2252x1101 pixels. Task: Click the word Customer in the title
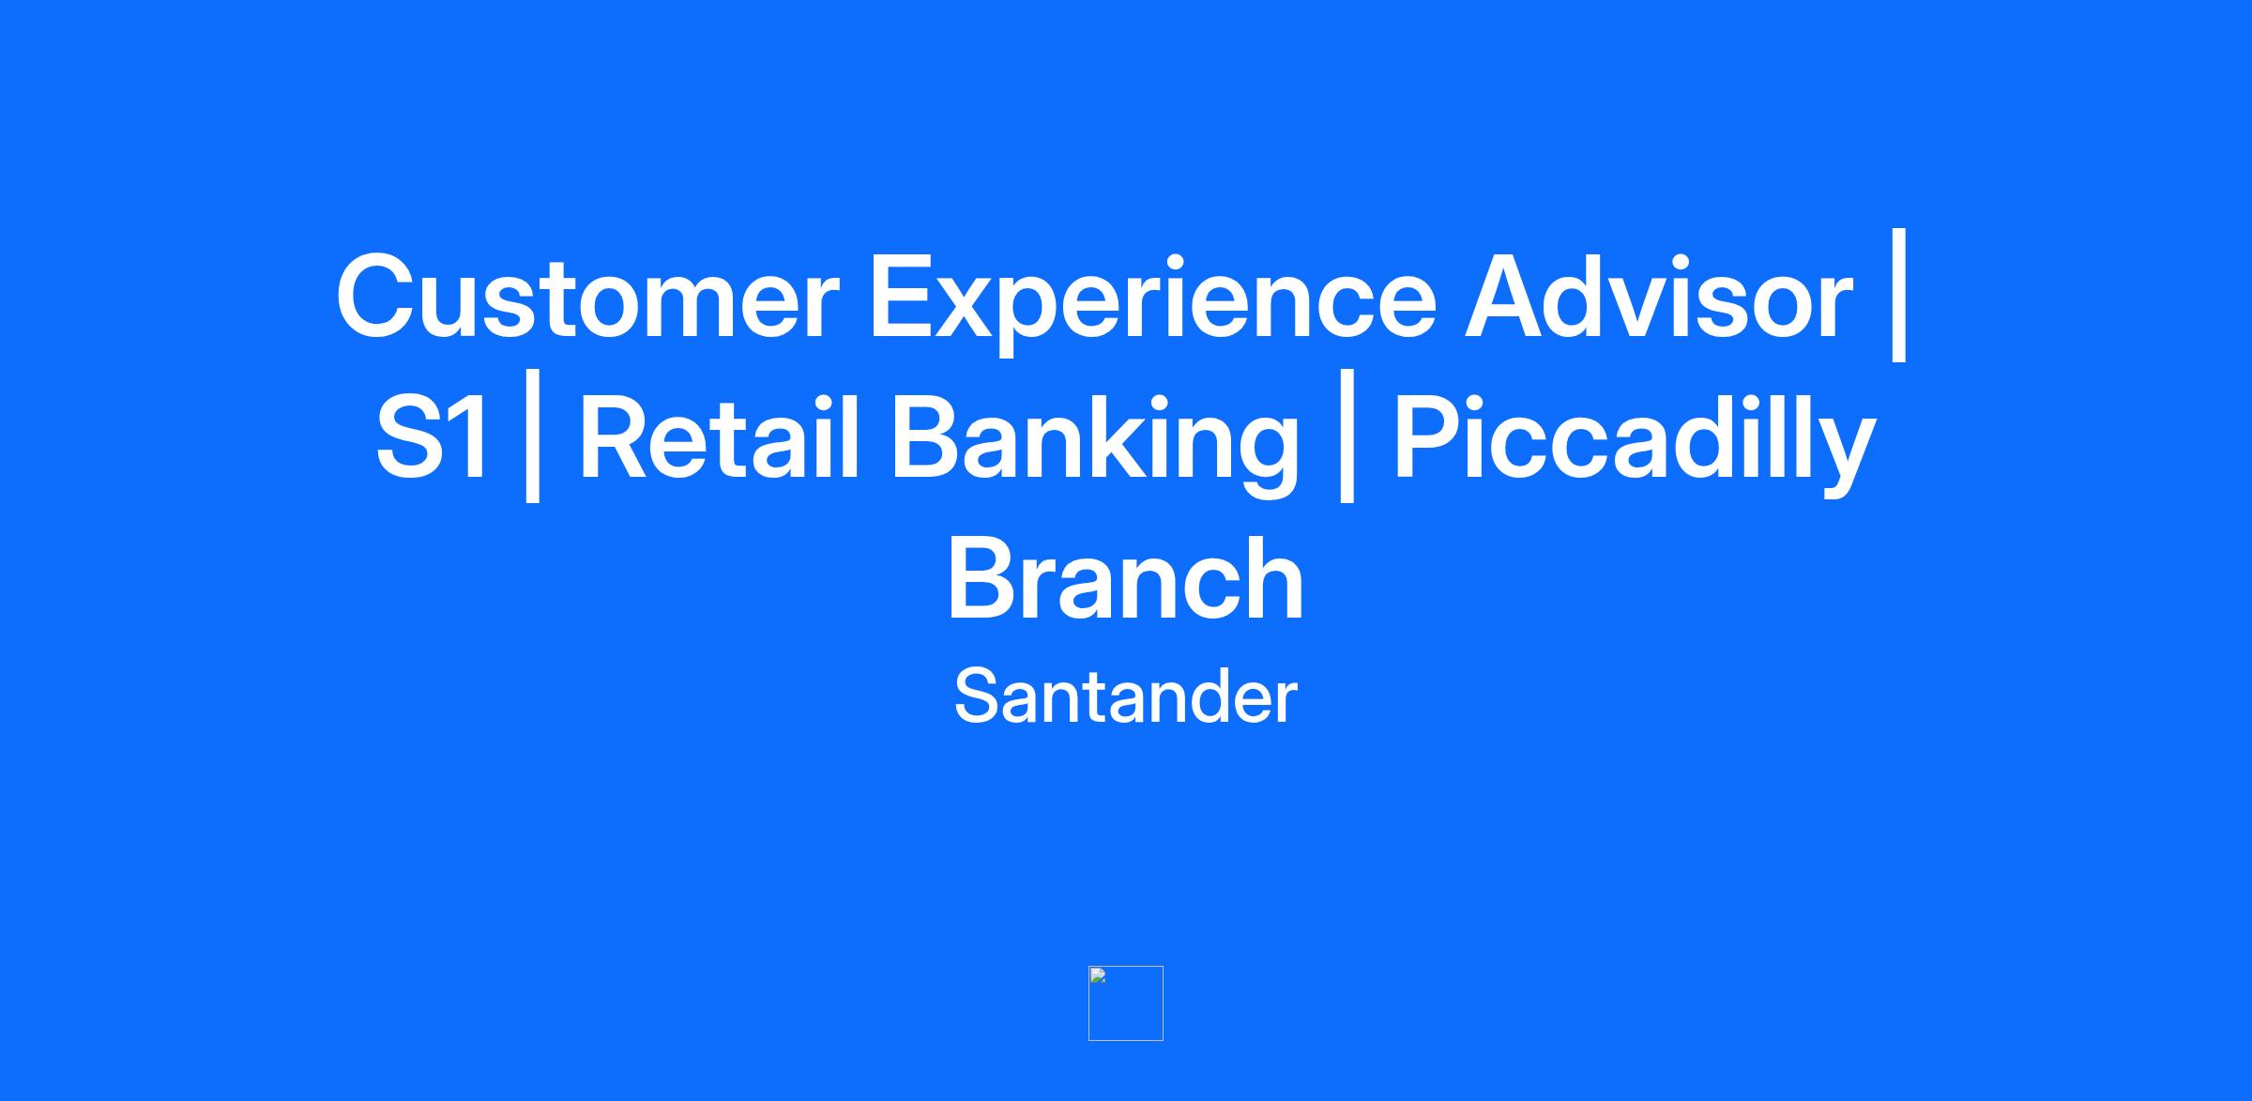click(x=587, y=297)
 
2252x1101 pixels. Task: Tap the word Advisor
click(x=1659, y=295)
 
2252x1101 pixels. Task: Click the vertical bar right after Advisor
click(x=1899, y=295)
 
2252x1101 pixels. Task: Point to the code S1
click(x=433, y=437)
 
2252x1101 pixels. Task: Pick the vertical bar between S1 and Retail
click(x=532, y=436)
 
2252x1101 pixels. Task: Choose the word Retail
click(x=719, y=436)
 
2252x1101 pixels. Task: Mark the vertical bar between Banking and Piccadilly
click(x=1347, y=436)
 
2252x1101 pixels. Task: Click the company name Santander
click(x=1126, y=696)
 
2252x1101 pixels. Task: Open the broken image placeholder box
click(x=1126, y=1003)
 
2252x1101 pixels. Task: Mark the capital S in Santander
click(x=976, y=696)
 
